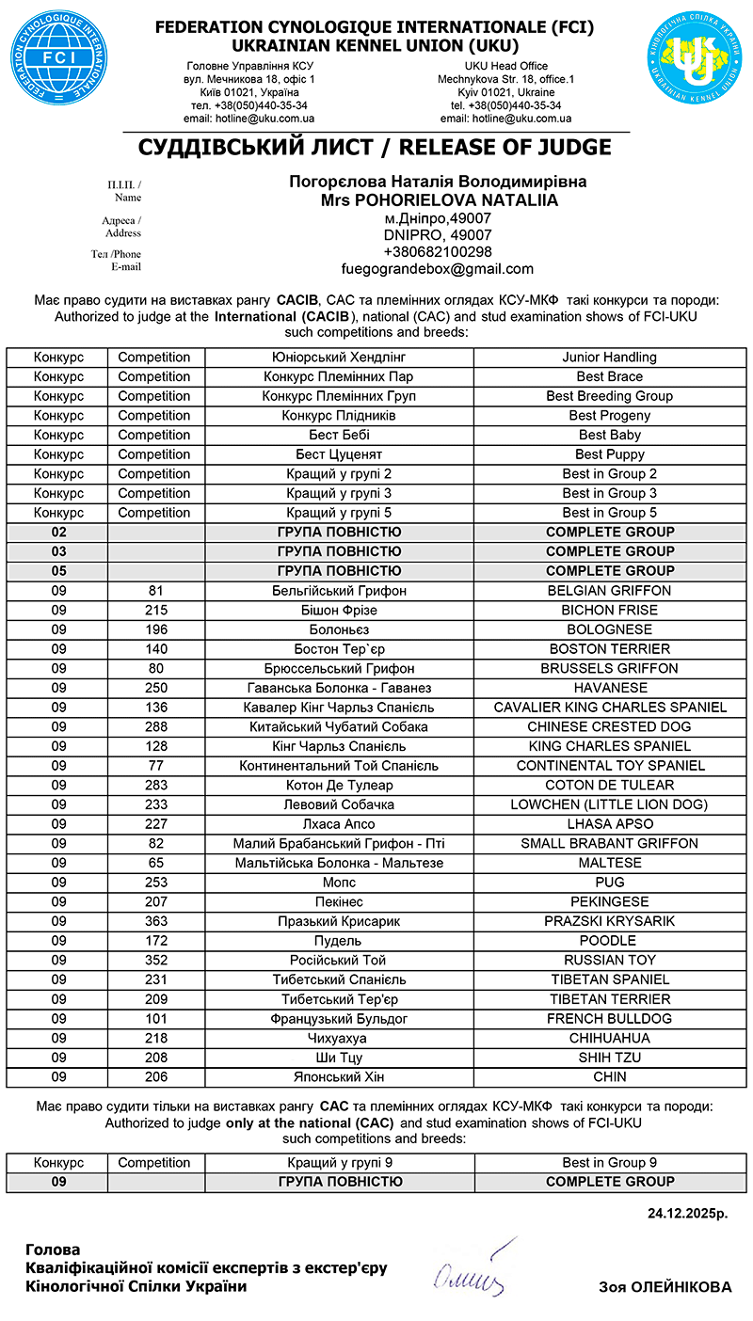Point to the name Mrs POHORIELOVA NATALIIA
click(439, 200)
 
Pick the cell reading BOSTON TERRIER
click(609, 649)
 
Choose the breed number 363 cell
click(156, 921)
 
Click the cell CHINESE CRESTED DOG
click(609, 727)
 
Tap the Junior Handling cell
click(609, 358)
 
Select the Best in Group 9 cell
click(609, 1162)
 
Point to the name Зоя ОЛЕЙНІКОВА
click(665, 1287)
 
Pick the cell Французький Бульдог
click(339, 1019)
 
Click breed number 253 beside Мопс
click(156, 883)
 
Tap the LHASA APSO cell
click(609, 824)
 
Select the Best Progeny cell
click(609, 416)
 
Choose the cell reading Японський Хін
click(339, 1077)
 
